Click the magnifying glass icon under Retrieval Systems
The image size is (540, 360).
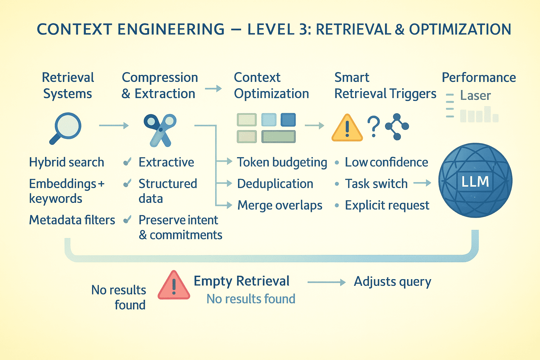click(x=66, y=128)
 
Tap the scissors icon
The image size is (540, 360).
click(x=160, y=130)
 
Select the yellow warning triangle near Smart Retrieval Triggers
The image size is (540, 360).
click(x=347, y=128)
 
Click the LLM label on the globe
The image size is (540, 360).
click(x=475, y=182)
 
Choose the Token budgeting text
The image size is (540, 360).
click(x=282, y=162)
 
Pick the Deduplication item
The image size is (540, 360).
click(x=275, y=184)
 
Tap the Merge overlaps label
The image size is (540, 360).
click(x=280, y=205)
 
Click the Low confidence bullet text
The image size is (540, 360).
click(x=386, y=162)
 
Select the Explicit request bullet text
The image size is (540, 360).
click(x=387, y=205)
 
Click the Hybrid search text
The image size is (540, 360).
click(x=66, y=162)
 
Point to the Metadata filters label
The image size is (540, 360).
click(x=72, y=220)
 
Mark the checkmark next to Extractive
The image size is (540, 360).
click(x=127, y=162)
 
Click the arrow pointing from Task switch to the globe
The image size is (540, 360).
click(x=422, y=183)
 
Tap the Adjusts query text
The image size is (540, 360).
click(x=392, y=282)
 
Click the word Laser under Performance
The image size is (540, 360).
click(x=475, y=96)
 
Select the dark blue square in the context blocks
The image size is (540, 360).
click(x=288, y=120)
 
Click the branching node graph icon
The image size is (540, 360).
click(x=397, y=127)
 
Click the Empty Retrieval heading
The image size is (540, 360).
click(x=242, y=281)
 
